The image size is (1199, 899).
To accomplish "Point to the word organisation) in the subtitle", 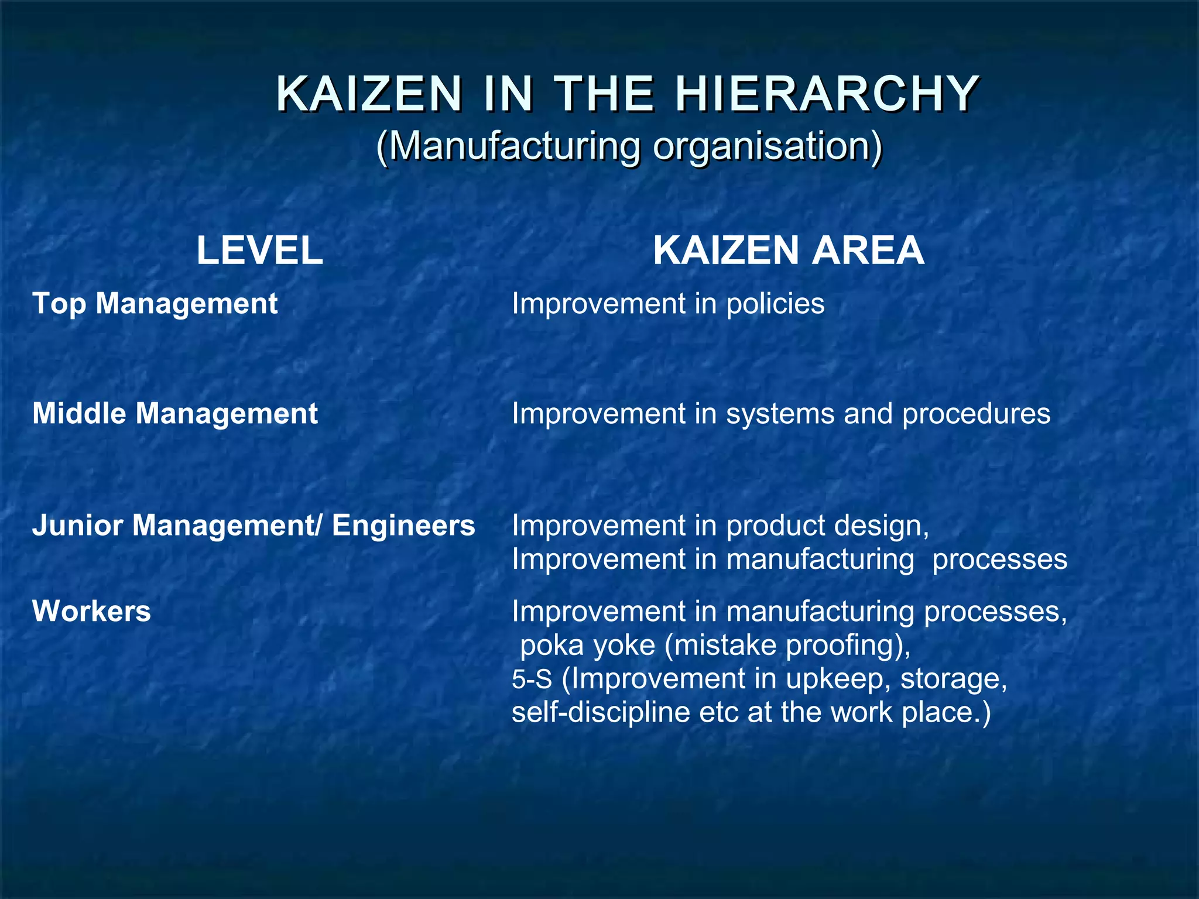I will pos(768,146).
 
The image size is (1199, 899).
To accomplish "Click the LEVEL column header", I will pos(259,251).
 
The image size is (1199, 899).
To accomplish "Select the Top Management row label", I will pos(155,304).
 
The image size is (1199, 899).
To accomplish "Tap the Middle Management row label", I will pos(175,414).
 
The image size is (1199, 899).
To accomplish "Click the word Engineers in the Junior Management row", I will pos(403,525).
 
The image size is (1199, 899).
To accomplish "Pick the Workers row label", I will pos(92,611).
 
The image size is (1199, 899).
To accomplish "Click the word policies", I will pos(775,304).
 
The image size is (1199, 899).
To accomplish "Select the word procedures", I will pos(976,414).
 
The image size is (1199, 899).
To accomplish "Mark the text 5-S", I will pos(532,680).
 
